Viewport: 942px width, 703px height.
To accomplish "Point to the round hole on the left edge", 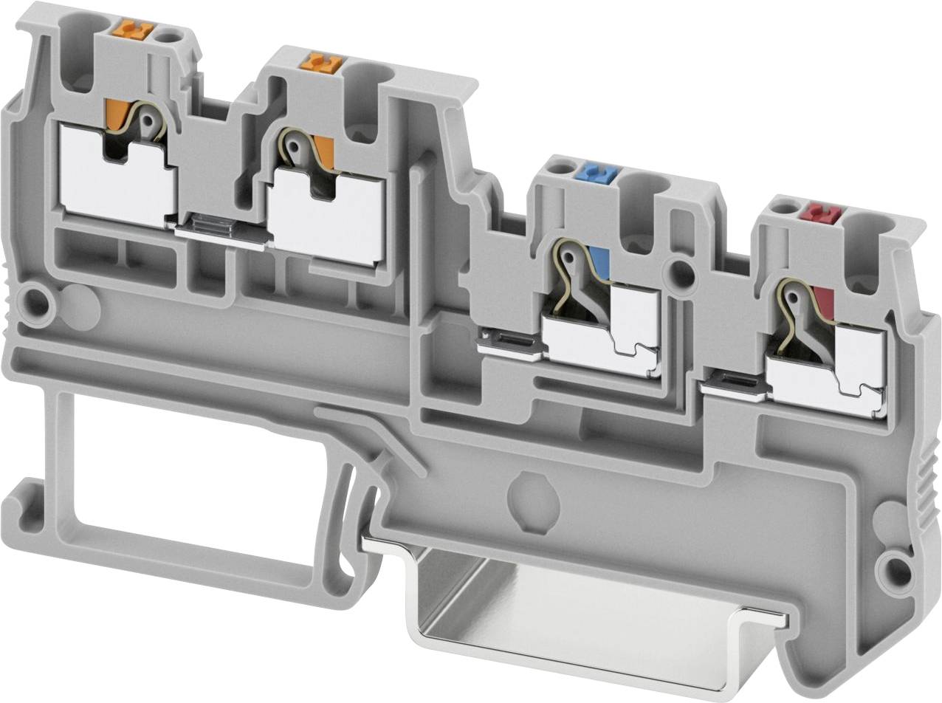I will (x=34, y=300).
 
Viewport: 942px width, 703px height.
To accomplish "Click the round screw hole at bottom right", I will (x=895, y=568).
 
